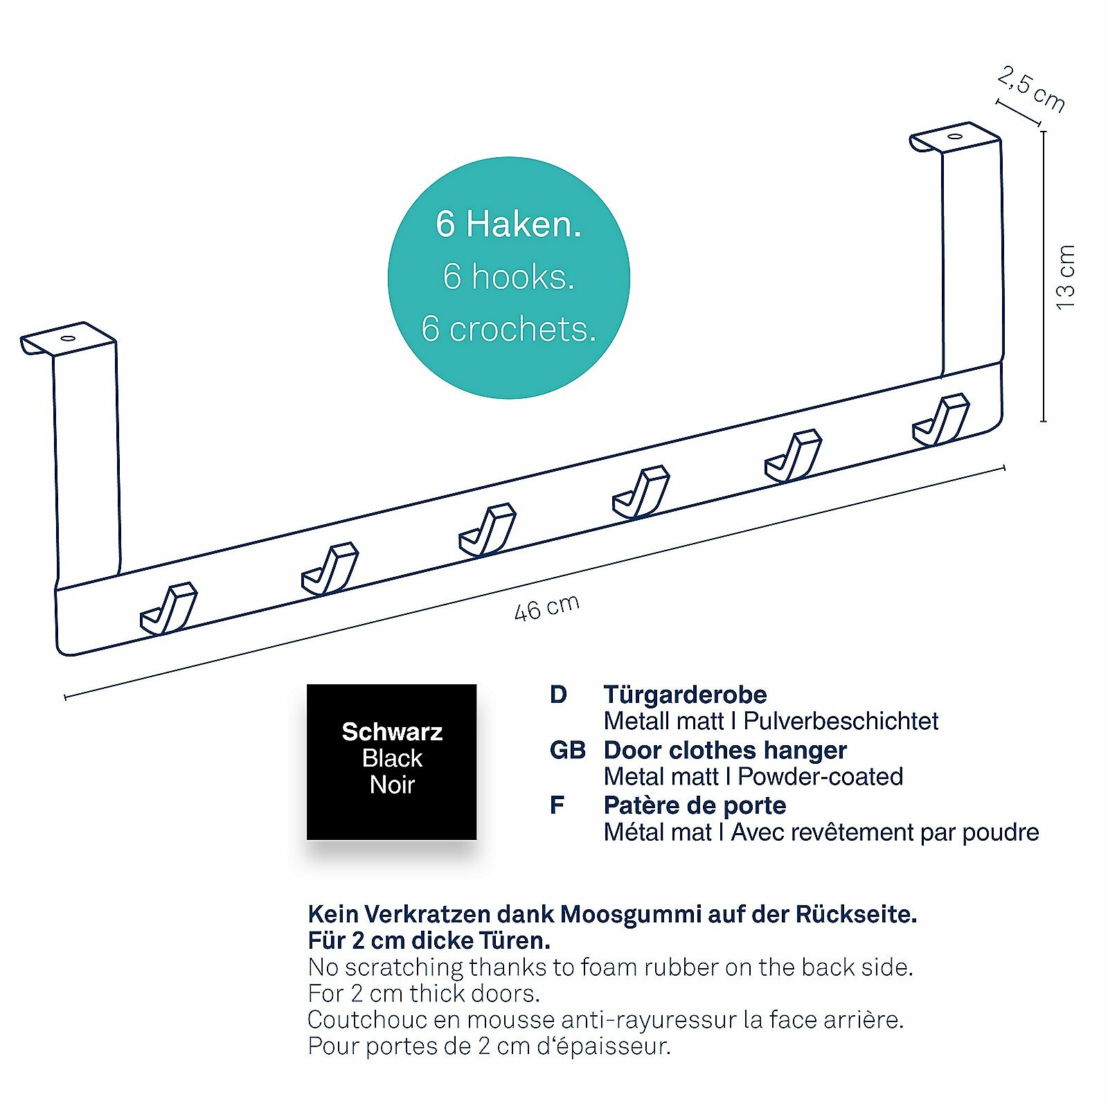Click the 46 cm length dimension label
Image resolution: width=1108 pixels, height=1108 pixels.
[x=547, y=607]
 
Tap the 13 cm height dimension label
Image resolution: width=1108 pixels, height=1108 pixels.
[x=1066, y=277]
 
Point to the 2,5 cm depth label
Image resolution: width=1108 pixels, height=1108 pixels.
[x=1031, y=89]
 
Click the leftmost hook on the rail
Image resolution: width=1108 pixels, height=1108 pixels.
[x=169, y=609]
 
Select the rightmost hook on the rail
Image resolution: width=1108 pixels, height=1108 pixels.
[x=941, y=420]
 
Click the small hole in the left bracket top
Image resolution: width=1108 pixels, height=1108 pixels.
[x=68, y=339]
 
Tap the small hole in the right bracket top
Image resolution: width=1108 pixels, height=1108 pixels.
[x=955, y=136]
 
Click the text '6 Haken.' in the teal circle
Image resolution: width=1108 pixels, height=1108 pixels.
[x=508, y=224]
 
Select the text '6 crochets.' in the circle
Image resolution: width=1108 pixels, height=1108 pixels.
[x=508, y=329]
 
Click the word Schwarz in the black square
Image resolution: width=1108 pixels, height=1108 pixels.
[x=392, y=732]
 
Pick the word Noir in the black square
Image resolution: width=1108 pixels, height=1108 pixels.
[x=392, y=785]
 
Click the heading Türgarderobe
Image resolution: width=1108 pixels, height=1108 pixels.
[x=685, y=695]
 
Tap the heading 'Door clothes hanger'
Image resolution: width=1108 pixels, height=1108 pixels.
[x=724, y=750]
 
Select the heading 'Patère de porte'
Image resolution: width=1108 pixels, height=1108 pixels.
[x=695, y=805]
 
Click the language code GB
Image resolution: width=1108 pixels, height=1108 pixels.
[x=567, y=750]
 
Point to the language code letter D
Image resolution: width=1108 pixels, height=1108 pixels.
[x=558, y=695]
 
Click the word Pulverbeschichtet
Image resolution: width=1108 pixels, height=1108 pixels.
[x=840, y=722]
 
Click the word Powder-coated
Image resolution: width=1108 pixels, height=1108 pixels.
[x=820, y=777]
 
